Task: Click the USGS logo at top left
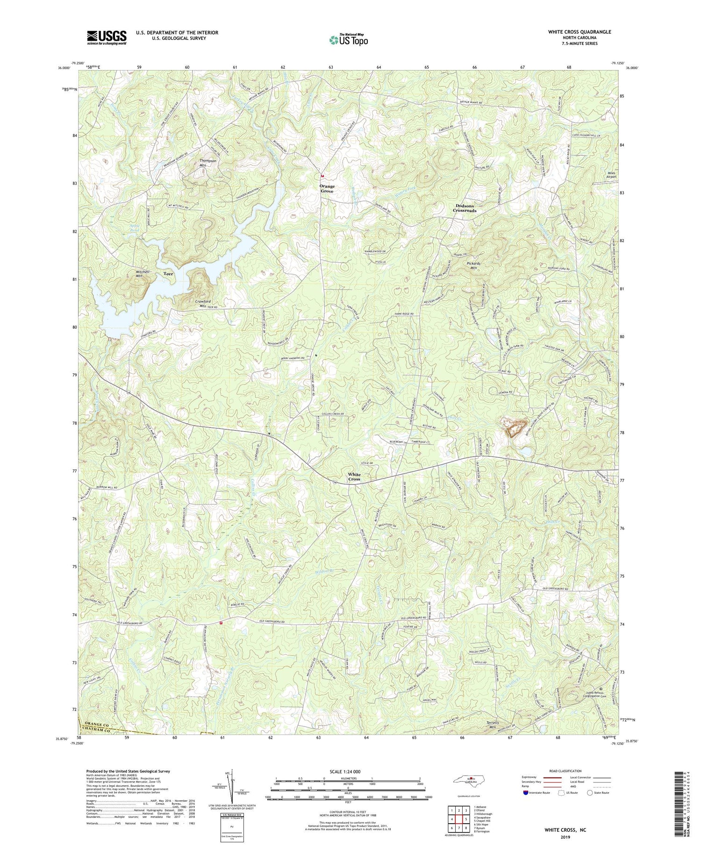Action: [107, 37]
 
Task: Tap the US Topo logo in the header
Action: [348, 40]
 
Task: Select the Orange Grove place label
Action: [327, 189]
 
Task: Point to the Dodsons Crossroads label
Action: [465, 208]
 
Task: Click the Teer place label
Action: [169, 274]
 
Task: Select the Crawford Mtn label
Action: [203, 304]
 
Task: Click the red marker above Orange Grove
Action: [322, 176]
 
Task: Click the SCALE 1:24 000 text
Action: [349, 771]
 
